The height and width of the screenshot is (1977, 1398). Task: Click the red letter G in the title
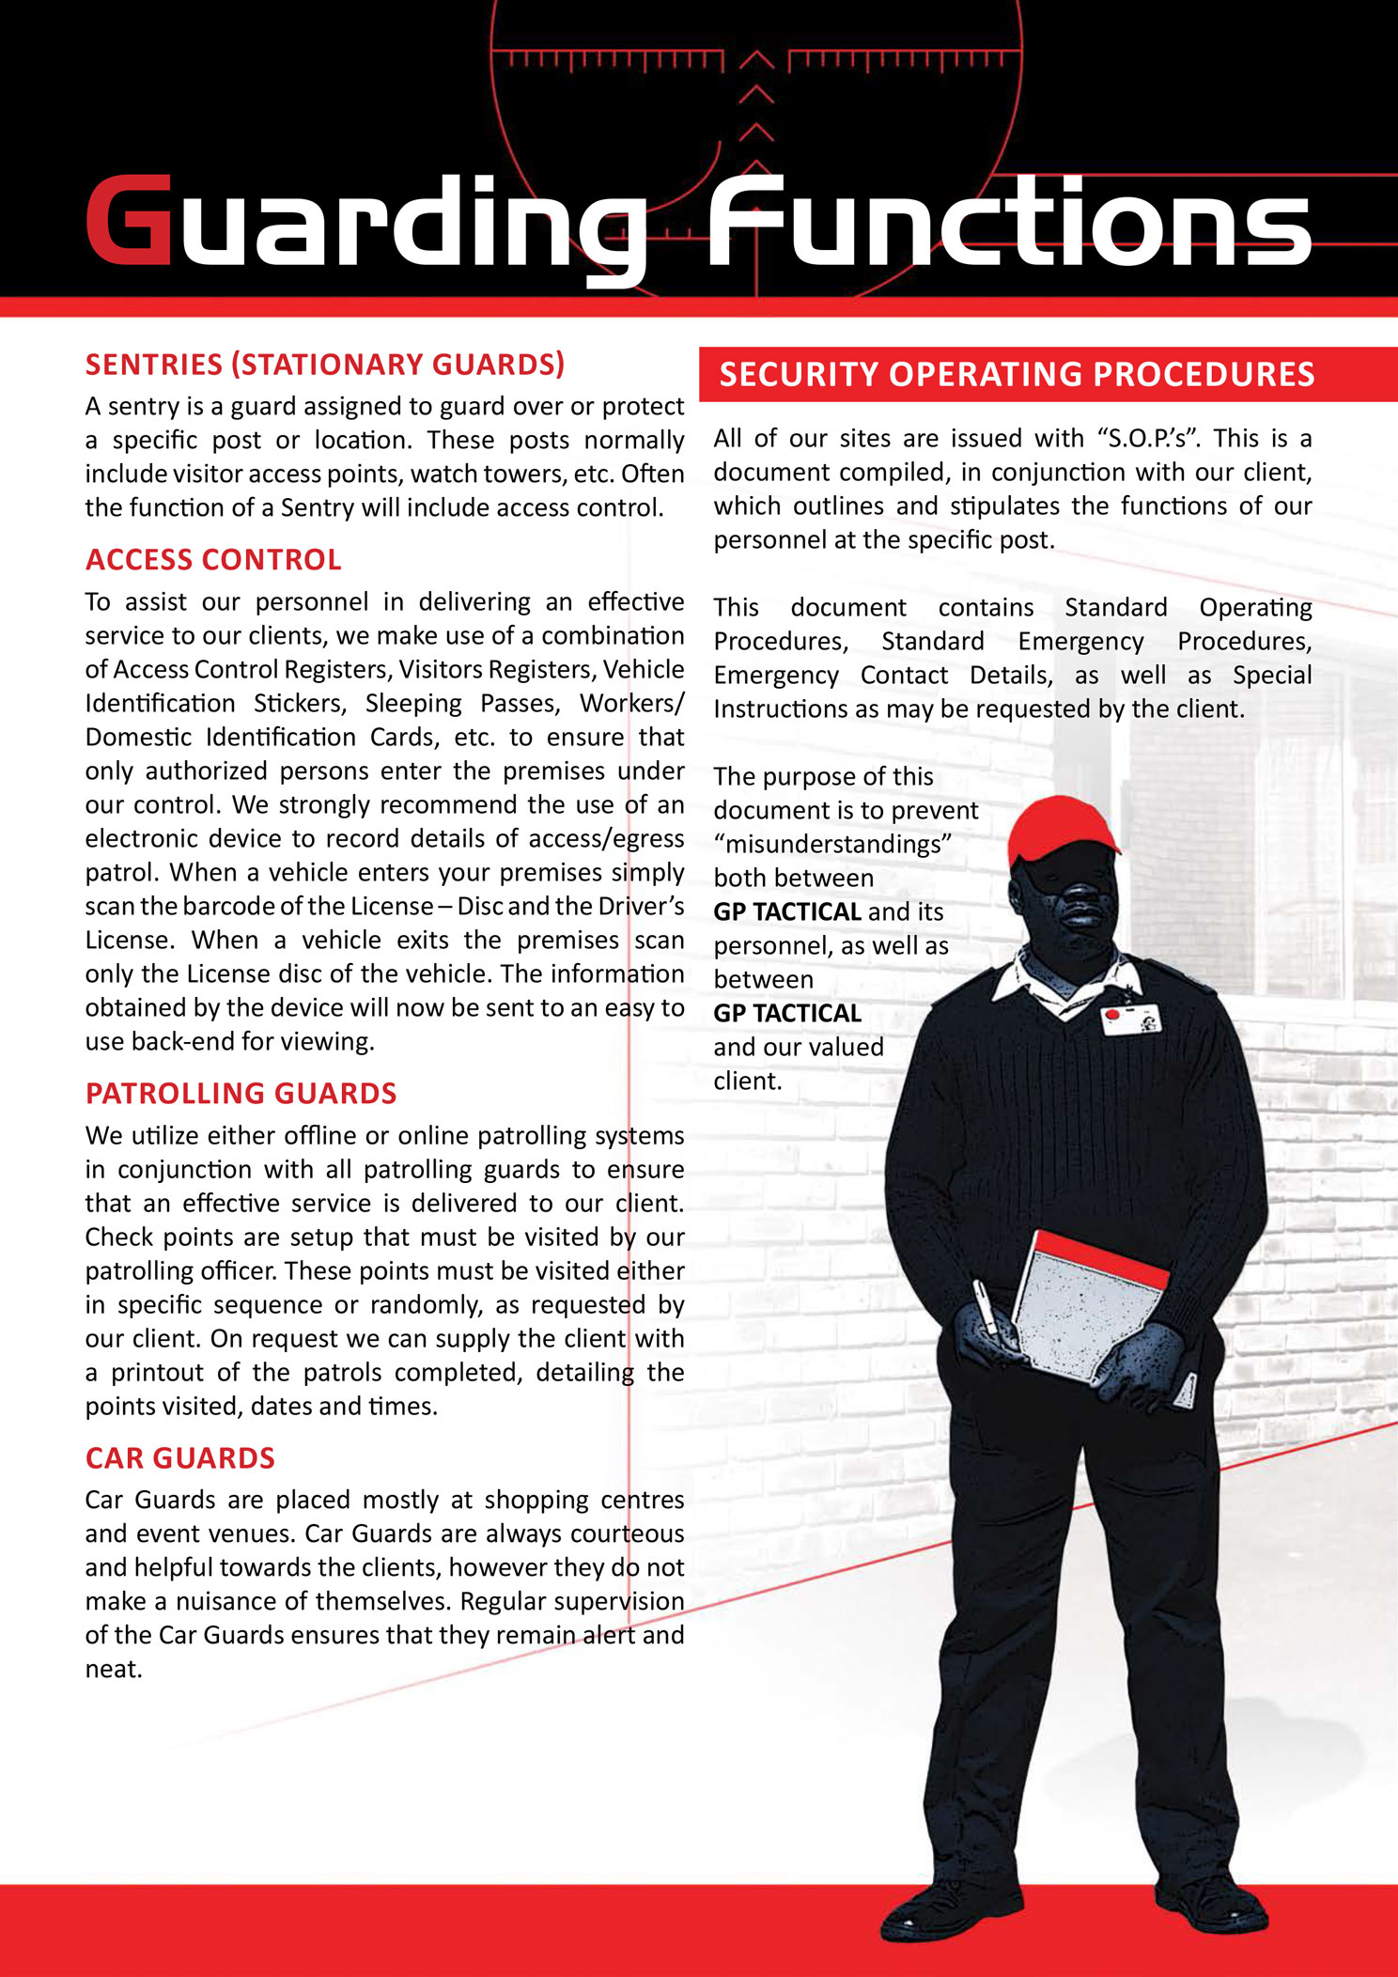click(x=130, y=220)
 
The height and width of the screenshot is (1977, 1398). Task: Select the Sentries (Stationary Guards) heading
click(x=325, y=365)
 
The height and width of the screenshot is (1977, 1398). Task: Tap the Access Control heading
click(x=213, y=560)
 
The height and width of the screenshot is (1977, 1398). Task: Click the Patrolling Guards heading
click(x=241, y=1094)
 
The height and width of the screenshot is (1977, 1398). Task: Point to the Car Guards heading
click(x=179, y=1458)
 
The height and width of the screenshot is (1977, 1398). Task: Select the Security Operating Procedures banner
click(x=1017, y=374)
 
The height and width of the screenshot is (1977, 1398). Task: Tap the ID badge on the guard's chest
click(x=1131, y=1019)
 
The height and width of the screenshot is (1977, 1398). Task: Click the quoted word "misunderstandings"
click(x=832, y=845)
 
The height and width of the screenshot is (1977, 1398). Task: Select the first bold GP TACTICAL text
click(x=787, y=912)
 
